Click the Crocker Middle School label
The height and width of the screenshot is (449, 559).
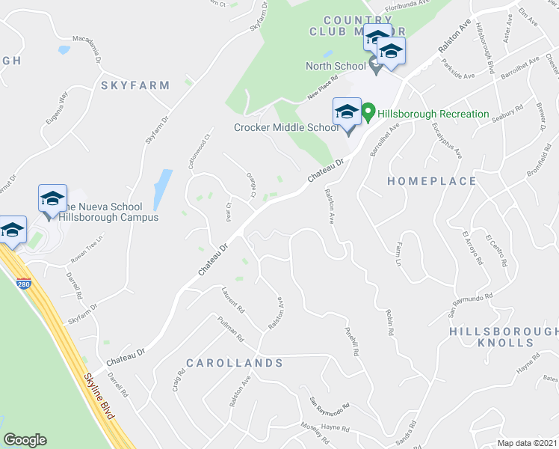point(286,127)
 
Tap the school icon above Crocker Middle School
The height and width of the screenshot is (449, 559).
point(347,113)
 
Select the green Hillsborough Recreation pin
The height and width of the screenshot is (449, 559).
point(368,114)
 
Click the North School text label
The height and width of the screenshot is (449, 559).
point(336,66)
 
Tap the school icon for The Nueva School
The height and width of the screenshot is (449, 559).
point(52,199)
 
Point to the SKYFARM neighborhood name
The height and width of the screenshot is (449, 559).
point(136,85)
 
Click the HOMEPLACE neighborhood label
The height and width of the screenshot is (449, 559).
point(433,181)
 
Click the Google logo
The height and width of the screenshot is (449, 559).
point(25,440)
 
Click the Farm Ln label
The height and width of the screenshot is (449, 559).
point(398,254)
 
